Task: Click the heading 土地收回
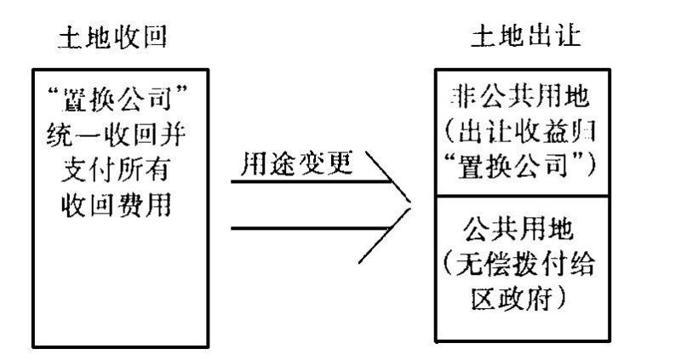118,40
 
